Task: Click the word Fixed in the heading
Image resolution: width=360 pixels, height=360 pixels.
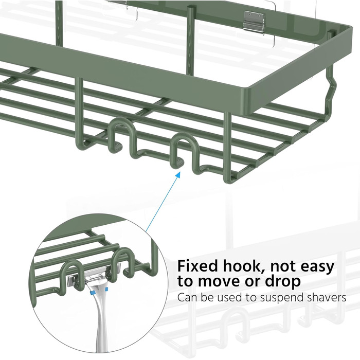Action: pos(197,266)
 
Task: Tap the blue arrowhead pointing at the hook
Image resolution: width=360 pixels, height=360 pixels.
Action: pos(177,175)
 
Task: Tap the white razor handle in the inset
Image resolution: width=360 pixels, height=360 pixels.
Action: pos(101,321)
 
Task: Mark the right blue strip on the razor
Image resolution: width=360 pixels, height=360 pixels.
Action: pos(106,289)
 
